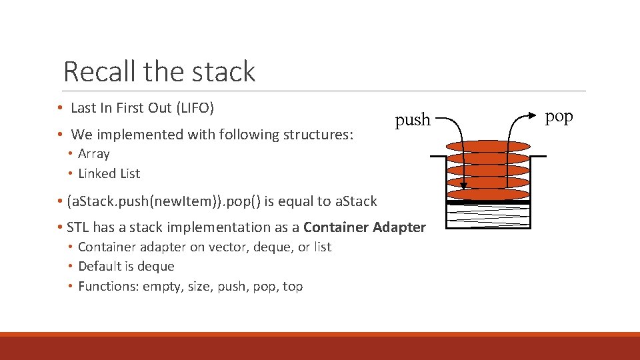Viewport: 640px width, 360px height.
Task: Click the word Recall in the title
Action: [x=98, y=71]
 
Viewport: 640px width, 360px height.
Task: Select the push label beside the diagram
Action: [x=413, y=120]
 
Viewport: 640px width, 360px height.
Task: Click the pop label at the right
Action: [x=559, y=116]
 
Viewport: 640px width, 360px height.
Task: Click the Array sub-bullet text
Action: [x=93, y=154]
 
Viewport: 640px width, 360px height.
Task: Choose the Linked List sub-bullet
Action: [x=109, y=173]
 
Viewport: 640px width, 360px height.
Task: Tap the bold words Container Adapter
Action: [x=365, y=227]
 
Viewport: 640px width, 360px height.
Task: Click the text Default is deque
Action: [x=126, y=267]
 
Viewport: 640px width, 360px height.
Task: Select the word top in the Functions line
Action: [x=293, y=287]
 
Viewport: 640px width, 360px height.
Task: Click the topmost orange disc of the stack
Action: [x=487, y=146]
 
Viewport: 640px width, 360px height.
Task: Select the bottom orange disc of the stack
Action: [x=487, y=194]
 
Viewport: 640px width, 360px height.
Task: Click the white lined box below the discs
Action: [x=487, y=217]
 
